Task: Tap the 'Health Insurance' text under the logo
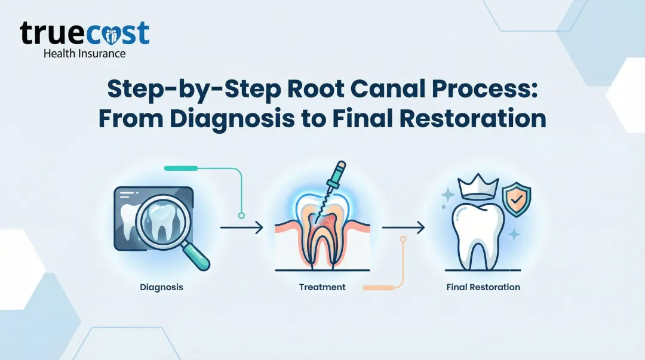(84, 53)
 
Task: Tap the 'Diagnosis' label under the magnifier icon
(161, 287)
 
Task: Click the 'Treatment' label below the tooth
(322, 287)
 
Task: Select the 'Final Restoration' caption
(483, 287)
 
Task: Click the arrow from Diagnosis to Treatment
(241, 227)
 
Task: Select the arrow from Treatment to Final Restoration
(403, 227)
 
